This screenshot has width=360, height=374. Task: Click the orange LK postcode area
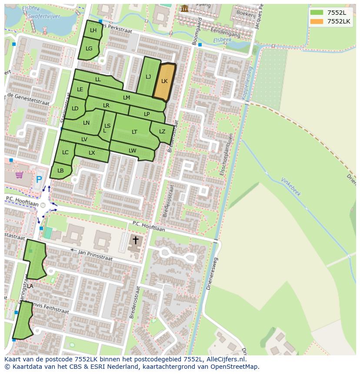tap(164, 82)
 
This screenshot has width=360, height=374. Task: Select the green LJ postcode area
tap(148, 77)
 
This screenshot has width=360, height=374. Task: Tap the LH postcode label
tap(93, 30)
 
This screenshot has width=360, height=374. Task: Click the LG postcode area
tap(89, 49)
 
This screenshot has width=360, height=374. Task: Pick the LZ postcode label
tap(162, 132)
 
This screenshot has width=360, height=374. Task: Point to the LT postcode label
tap(134, 132)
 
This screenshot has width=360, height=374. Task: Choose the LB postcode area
tap(60, 171)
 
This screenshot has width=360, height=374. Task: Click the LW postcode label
tap(133, 151)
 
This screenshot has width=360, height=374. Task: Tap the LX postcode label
tap(92, 153)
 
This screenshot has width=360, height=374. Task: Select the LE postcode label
tap(80, 90)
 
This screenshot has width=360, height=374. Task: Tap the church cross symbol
tap(135, 240)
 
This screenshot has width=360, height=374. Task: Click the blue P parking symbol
tap(39, 179)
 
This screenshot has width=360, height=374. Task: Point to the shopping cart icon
tap(19, 175)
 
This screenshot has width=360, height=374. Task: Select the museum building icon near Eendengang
tap(185, 8)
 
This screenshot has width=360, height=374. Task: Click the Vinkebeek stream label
tap(291, 187)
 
